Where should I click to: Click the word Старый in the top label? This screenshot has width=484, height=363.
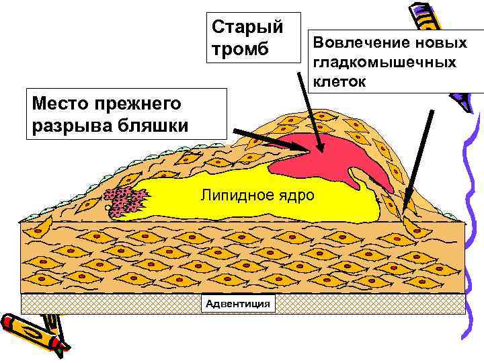(x=247, y=27)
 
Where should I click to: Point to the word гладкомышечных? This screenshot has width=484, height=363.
(x=385, y=63)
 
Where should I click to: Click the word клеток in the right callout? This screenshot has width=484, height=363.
(x=339, y=82)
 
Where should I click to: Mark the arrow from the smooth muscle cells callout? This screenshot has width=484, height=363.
(x=417, y=161)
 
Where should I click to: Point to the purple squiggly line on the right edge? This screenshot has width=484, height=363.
(x=471, y=222)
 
